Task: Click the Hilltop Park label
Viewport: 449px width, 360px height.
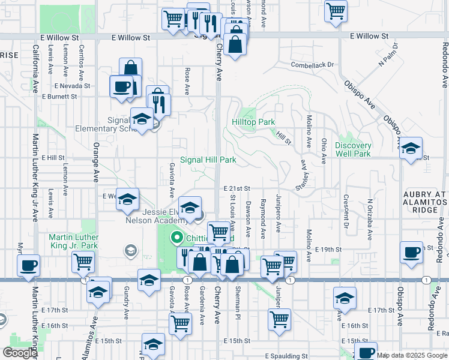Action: pyautogui.click(x=253, y=122)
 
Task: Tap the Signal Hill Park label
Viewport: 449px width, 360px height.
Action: pyautogui.click(x=208, y=160)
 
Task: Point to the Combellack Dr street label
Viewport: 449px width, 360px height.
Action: pyautogui.click(x=312, y=64)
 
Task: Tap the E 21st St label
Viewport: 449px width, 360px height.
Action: pyautogui.click(x=237, y=188)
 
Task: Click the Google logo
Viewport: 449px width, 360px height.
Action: pyautogui.click(x=20, y=353)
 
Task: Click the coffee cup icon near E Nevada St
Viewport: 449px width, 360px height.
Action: pyautogui.click(x=121, y=86)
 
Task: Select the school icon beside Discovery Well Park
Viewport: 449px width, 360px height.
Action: pyautogui.click(x=411, y=148)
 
